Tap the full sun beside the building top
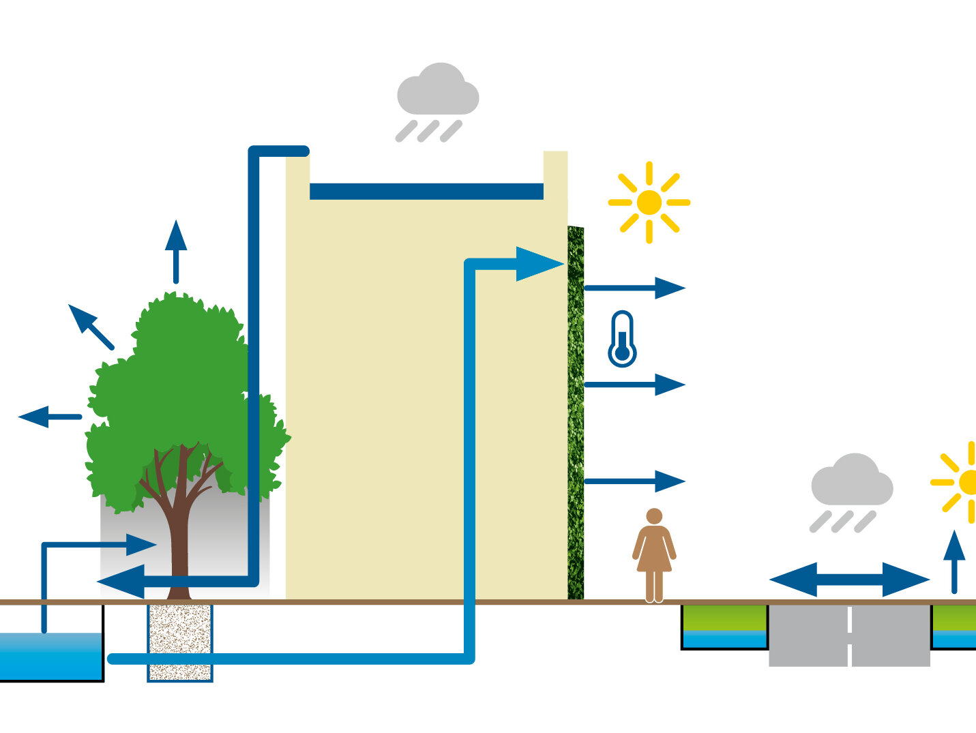[649, 203]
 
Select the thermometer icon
[621, 339]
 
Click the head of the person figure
[654, 516]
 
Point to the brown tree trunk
[179, 532]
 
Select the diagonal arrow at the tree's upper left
[89, 325]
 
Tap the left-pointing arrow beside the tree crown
[48, 416]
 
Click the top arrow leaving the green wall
[634, 288]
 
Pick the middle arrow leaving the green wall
[634, 385]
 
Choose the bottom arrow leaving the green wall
[634, 481]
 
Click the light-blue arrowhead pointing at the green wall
[539, 264]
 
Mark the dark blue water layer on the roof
[426, 191]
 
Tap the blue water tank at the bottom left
[50, 656]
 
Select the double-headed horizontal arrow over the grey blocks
[849, 580]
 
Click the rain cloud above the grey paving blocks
[852, 481]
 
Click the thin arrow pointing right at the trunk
[102, 545]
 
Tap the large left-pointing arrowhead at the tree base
[123, 582]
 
